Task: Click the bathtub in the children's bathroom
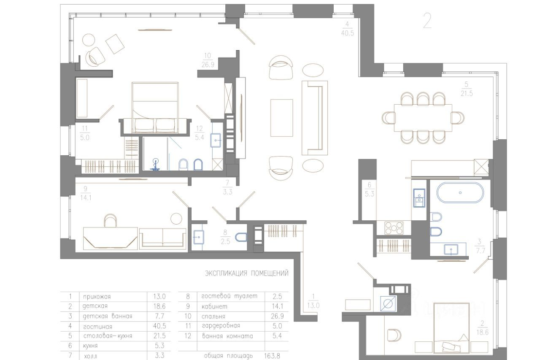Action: [x=460, y=192]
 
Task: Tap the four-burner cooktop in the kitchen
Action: [x=394, y=228]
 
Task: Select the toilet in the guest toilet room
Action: [x=241, y=237]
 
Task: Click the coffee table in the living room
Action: [x=281, y=118]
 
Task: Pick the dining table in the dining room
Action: [x=423, y=118]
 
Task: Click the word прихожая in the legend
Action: [x=97, y=297]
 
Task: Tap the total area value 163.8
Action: [x=272, y=356]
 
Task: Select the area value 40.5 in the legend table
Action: [x=159, y=326]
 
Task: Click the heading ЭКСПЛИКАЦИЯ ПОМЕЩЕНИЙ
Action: [x=247, y=273]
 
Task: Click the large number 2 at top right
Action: [x=427, y=21]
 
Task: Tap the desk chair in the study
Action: [x=111, y=220]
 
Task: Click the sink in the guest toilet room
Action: [x=199, y=237]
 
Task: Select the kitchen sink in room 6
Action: [x=419, y=198]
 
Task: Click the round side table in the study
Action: [x=176, y=219]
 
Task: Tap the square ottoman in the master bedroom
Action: [x=115, y=44]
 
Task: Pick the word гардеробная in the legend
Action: [x=221, y=326]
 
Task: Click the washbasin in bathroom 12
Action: [x=216, y=140]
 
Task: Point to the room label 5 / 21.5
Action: [x=467, y=89]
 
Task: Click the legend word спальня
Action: [x=213, y=317]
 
